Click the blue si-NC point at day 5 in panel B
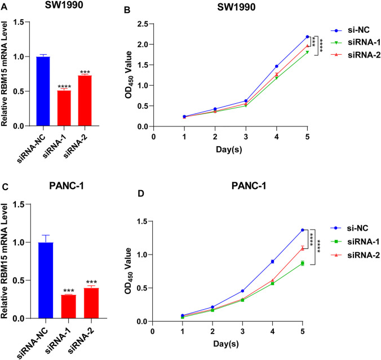pyautogui.click(x=307, y=37)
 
